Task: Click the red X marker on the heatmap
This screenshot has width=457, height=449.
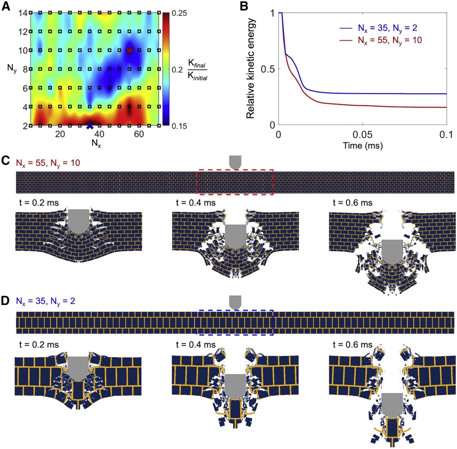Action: (x=129, y=50)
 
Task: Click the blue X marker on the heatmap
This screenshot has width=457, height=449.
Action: (x=90, y=125)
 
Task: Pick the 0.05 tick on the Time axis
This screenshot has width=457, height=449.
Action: (x=362, y=134)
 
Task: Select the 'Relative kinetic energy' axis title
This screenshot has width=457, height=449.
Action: (x=251, y=69)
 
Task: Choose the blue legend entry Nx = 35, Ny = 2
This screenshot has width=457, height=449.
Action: (x=379, y=30)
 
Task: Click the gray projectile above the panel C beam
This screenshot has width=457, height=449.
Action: (x=235, y=162)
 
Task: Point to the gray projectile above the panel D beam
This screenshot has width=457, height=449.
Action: (x=235, y=302)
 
